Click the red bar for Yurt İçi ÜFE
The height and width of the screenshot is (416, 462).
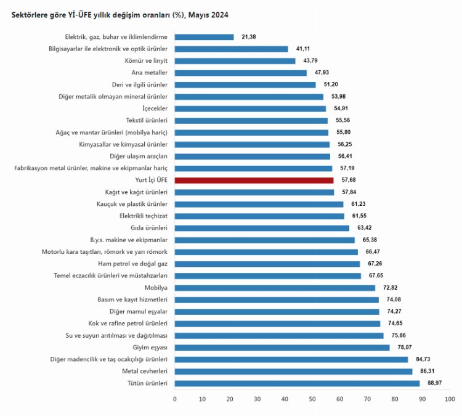point(254,180)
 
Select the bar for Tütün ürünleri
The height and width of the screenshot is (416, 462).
point(297,383)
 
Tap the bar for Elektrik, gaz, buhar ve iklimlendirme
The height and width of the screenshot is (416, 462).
point(205,37)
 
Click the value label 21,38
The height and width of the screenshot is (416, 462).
point(249,37)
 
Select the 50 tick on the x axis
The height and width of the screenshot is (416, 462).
point(312,399)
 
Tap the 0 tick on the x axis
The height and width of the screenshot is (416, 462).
point(175,399)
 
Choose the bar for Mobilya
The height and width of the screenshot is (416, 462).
point(275,288)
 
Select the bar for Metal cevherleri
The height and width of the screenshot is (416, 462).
point(293,372)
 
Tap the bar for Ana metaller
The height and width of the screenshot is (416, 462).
point(241,73)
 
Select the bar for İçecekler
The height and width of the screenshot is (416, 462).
point(250,108)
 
